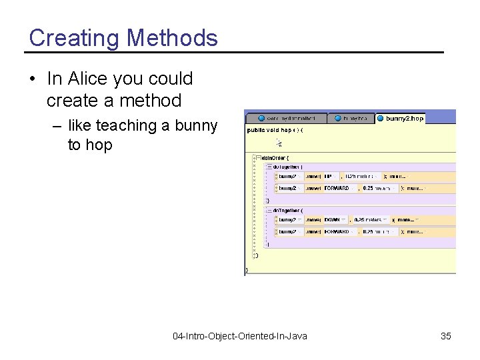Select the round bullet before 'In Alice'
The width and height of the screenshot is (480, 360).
pyautogui.click(x=33, y=79)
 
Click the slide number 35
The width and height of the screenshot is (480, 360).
pyautogui.click(x=445, y=336)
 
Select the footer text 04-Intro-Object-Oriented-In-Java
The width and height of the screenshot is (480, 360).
pyautogui.click(x=239, y=336)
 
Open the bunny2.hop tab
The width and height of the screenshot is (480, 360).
pyautogui.click(x=404, y=118)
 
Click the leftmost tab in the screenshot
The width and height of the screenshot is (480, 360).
pyautogui.click(x=287, y=118)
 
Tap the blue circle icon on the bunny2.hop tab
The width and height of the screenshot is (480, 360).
pyautogui.click(x=381, y=118)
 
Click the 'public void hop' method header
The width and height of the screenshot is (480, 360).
pyautogui.click(x=274, y=130)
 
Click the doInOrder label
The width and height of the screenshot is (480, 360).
pyautogui.click(x=279, y=157)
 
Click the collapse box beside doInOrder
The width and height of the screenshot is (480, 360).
pyautogui.click(x=259, y=157)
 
